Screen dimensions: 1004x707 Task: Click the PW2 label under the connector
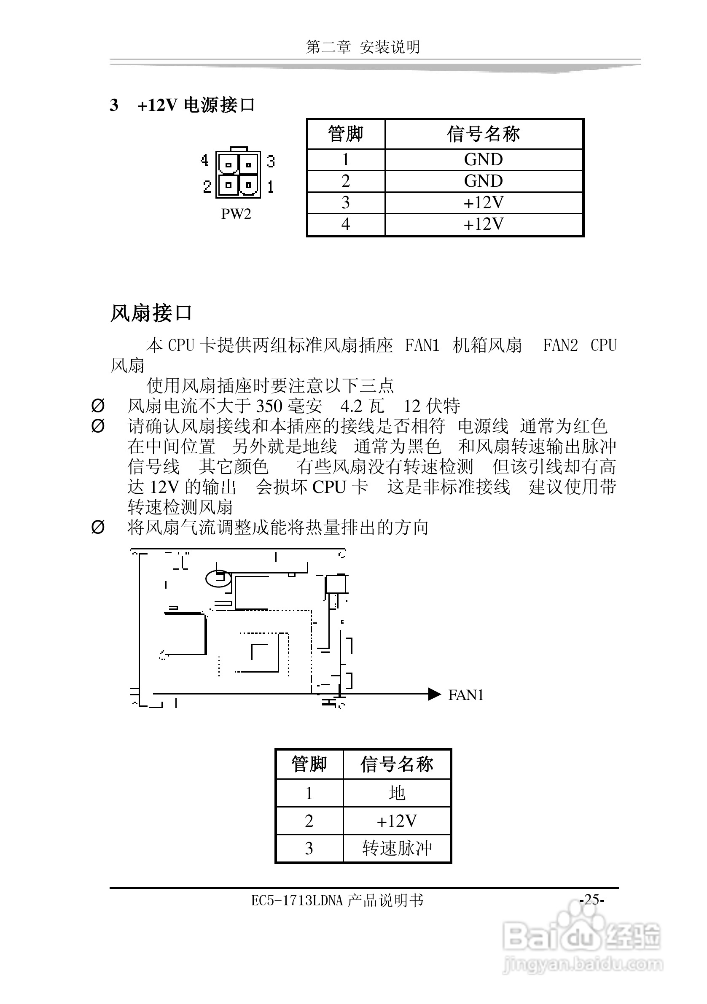(236, 214)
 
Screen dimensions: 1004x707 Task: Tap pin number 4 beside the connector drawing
(204, 161)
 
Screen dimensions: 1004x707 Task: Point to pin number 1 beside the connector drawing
(271, 187)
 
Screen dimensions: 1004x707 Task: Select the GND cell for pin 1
(483, 160)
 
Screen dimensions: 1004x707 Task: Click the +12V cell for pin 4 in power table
(483, 224)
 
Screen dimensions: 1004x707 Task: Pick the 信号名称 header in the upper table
(483, 134)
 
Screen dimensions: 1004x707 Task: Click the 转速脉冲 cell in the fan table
(397, 848)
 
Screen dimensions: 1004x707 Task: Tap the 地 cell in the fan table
(397, 793)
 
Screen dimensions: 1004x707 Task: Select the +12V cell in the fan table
(397, 821)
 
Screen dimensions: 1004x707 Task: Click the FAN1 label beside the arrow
(466, 695)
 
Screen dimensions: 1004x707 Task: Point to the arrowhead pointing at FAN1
(434, 694)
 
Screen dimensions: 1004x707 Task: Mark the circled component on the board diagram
(219, 579)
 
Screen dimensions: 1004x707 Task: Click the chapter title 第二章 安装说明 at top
(363, 47)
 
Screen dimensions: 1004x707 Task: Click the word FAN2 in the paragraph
(560, 345)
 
